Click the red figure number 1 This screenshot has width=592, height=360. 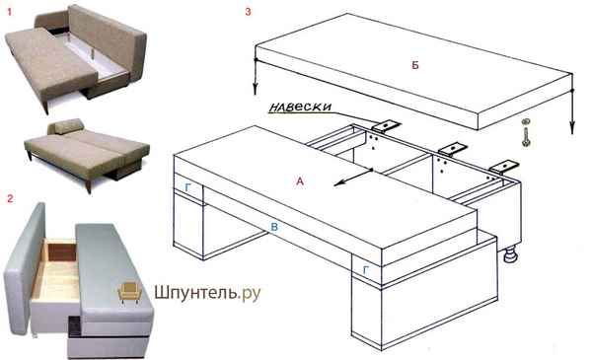pyautogui.click(x=10, y=12)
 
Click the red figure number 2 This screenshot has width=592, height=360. pyautogui.click(x=10, y=198)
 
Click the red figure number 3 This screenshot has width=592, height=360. pyautogui.click(x=248, y=12)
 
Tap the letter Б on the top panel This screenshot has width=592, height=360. pyautogui.click(x=415, y=65)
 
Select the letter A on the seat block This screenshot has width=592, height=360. pyautogui.click(x=300, y=181)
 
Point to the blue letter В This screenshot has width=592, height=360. pyautogui.click(x=275, y=227)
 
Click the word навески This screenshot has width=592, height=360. pyautogui.click(x=300, y=108)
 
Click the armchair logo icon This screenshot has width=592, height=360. pyautogui.click(x=130, y=292)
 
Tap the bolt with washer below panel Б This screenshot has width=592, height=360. pyautogui.click(x=525, y=132)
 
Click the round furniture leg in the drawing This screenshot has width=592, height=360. pyautogui.click(x=511, y=254)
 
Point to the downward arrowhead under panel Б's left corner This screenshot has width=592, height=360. pyautogui.click(x=256, y=90)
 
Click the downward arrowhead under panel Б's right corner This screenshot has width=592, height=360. pyautogui.click(x=572, y=128)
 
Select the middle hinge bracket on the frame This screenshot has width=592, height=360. pyautogui.click(x=452, y=148)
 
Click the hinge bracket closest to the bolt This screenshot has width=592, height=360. pyautogui.click(x=504, y=167)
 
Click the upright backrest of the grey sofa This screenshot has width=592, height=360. pyautogui.click(x=24, y=268)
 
